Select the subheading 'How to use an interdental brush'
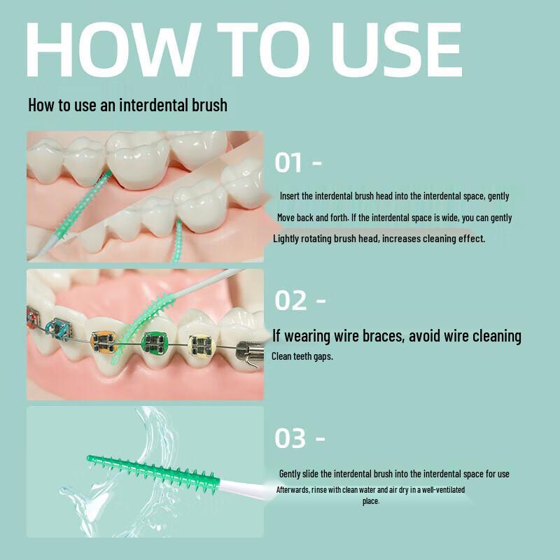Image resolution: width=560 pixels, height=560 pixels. [127, 106]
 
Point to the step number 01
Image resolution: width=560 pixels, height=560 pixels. [288, 163]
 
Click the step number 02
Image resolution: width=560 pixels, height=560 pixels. [290, 301]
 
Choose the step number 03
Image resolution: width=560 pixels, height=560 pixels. [290, 439]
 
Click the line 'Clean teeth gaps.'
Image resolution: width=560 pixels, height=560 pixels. [302, 356]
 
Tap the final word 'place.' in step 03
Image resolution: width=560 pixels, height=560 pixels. [371, 501]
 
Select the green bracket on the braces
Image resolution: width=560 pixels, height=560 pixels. [152, 343]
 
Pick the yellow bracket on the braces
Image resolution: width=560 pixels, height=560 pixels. [201, 344]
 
